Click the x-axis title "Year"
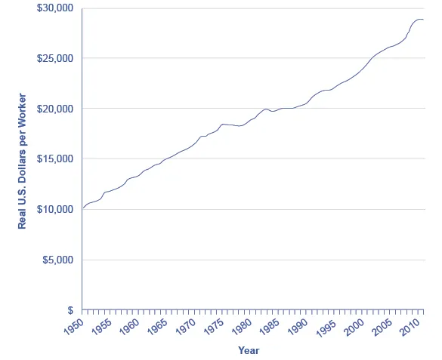[249, 350]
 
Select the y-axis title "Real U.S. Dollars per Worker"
[22, 161]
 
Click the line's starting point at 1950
[82, 208]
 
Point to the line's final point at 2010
[424, 19]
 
